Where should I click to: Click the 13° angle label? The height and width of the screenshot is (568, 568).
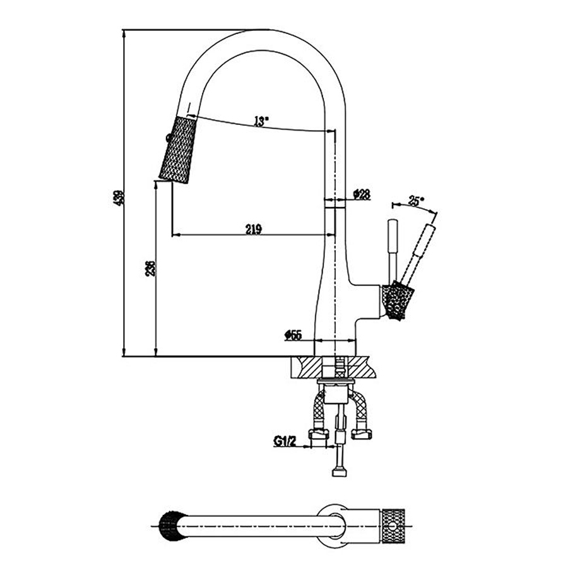coord(259,122)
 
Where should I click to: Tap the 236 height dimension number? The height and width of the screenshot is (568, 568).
coord(150,268)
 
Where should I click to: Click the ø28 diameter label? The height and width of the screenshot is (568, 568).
coord(361,194)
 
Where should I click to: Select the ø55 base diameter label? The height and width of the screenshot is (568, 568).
coord(293,335)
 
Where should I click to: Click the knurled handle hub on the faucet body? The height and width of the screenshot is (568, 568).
coord(398,300)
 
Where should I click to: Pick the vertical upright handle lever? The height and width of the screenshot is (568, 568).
coord(391,249)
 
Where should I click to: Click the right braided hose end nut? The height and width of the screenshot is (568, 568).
coord(362,434)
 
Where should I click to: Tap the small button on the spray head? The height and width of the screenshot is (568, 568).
coord(167,138)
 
